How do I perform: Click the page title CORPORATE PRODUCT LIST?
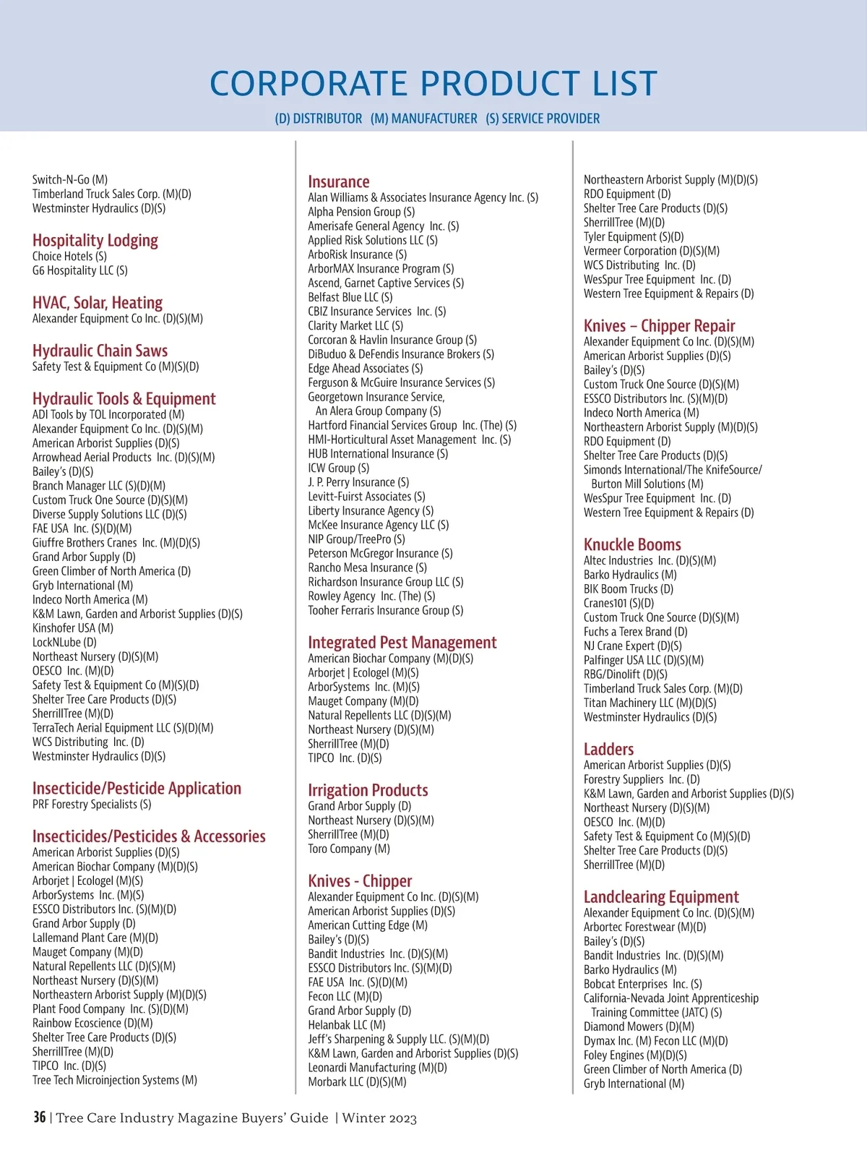433,83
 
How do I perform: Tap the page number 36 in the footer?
39,1117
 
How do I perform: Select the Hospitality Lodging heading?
95,240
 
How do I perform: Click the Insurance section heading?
338,181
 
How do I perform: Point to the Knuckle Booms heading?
632,544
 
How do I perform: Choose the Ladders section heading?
608,749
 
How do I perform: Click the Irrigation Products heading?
368,790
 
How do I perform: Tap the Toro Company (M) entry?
349,849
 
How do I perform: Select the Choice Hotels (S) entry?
69,256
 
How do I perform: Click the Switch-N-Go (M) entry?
70,179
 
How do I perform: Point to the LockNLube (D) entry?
64,642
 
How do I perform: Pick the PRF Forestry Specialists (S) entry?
92,804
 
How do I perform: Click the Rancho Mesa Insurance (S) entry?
367,567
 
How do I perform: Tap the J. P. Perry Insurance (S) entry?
358,482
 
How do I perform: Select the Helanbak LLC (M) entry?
347,1024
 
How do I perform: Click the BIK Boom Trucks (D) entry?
629,588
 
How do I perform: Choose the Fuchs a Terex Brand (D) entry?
635,631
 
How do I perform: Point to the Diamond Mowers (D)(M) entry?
639,1027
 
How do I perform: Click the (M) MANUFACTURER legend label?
424,119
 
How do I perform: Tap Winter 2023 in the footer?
379,1118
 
